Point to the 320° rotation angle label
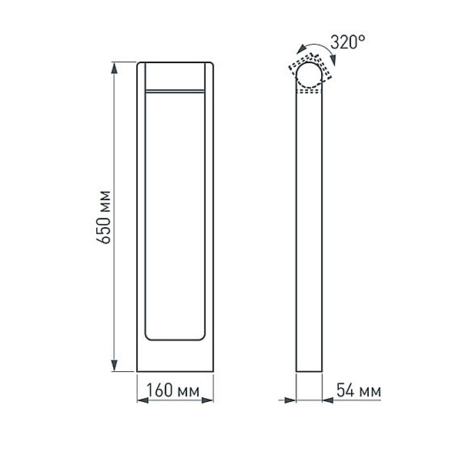coord(346,42)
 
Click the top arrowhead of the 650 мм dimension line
coord(115,69)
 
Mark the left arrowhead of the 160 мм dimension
coord(142,400)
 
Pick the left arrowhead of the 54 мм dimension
coord(291,400)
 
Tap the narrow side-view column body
coord(310,231)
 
